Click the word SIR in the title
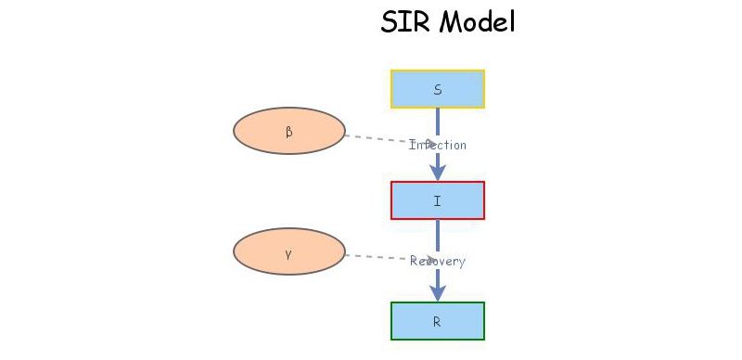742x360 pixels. (404, 21)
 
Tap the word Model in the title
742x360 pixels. (477, 21)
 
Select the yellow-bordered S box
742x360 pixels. (438, 89)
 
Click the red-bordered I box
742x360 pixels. (438, 200)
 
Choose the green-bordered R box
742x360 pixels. (438, 321)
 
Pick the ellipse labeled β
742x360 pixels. (288, 131)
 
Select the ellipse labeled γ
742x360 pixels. (288, 251)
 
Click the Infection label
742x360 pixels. (438, 145)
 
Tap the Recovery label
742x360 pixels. (438, 262)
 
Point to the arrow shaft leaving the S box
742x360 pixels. (438, 122)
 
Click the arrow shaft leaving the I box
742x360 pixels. (438, 236)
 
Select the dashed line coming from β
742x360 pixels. (376, 139)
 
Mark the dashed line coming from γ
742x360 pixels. (376, 256)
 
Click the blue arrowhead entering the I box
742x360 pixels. (438, 172)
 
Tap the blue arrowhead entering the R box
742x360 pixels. (438, 292)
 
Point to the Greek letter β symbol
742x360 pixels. (288, 132)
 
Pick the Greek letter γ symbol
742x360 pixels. (288, 252)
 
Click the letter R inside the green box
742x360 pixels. (438, 322)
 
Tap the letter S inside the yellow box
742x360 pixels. (438, 90)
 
